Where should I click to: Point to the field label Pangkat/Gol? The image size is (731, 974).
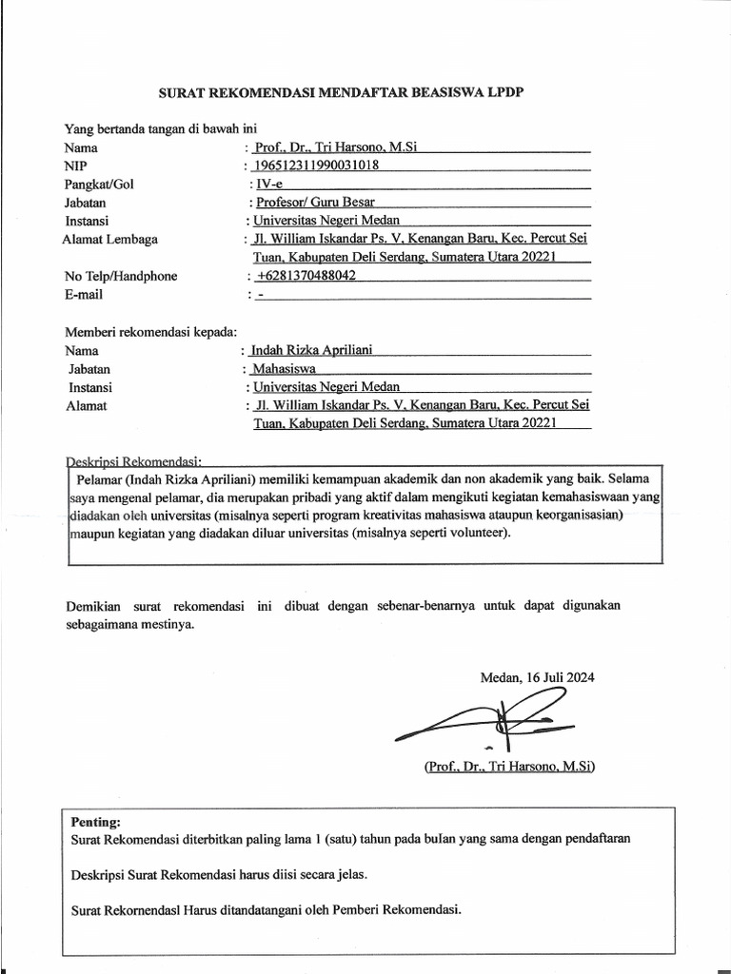tap(99, 184)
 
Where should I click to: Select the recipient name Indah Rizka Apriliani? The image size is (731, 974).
tap(311, 350)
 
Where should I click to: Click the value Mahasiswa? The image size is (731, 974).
tap(284, 368)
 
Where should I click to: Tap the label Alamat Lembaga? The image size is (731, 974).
tap(110, 239)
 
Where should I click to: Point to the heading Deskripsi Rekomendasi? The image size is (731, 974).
tap(134, 459)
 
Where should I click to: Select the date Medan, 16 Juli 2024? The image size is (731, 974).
tap(538, 677)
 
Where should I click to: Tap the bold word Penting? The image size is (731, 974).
tap(96, 821)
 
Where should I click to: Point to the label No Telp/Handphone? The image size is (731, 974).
tap(121, 276)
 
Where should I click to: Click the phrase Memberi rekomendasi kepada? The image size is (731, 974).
tap(150, 331)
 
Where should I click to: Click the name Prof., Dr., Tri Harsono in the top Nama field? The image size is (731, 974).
tap(337, 147)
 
